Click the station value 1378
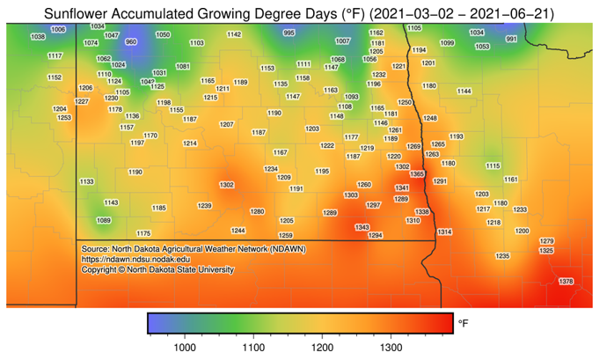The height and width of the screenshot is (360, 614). (x=566, y=281)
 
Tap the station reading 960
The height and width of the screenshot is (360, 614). (x=131, y=41)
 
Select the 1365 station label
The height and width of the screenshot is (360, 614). (x=417, y=174)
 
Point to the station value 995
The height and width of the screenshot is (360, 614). (x=289, y=33)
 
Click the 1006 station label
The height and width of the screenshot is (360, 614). (x=58, y=30)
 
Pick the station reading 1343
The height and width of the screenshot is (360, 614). (x=362, y=227)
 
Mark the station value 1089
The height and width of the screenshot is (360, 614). (x=104, y=220)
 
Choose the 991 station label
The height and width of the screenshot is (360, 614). (x=511, y=39)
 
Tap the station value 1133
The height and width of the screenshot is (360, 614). (x=86, y=181)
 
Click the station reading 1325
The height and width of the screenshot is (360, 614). (x=546, y=251)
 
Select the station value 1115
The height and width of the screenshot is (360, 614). (x=493, y=165)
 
